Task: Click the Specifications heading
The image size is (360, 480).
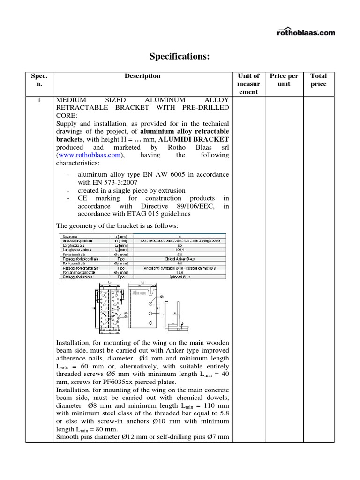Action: pos(180,57)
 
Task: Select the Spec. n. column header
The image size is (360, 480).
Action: pos(36,80)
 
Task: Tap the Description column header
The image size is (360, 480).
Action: pos(142,76)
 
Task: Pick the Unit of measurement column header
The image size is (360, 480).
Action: pos(248,83)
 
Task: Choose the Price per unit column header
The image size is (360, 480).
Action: pos(284,80)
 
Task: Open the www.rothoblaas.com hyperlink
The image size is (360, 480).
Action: pos(90,155)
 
